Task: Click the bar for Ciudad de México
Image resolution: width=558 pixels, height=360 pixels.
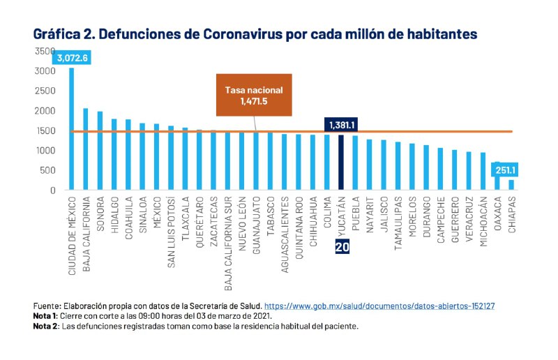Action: pyautogui.click(x=71, y=128)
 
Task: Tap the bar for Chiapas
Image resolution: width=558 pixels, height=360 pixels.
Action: pyautogui.click(x=511, y=185)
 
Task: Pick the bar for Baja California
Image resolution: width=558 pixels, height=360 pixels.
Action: pyautogui.click(x=86, y=149)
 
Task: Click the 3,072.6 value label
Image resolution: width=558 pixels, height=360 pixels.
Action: pyautogui.click(x=72, y=58)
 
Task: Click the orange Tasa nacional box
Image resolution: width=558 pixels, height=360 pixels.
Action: pyautogui.click(x=254, y=96)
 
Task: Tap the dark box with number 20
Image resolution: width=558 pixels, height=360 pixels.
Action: pyautogui.click(x=342, y=246)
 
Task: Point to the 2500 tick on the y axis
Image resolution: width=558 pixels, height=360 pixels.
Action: pyautogui.click(x=45, y=91)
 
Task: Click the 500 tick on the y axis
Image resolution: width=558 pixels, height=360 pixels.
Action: pyautogui.click(x=47, y=170)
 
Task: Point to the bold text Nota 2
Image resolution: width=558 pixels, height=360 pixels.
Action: pyautogui.click(x=46, y=326)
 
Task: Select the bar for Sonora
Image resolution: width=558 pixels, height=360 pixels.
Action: pyautogui.click(x=100, y=150)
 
